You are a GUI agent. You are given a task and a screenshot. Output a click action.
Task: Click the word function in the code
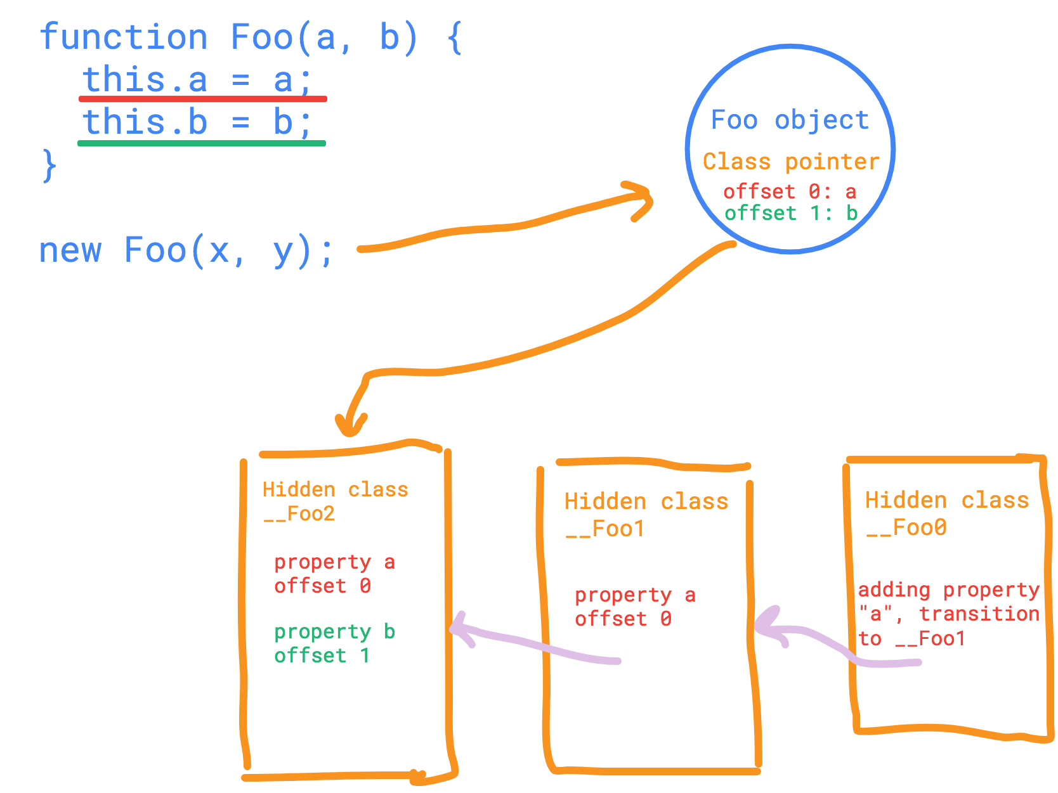pyautogui.click(x=124, y=37)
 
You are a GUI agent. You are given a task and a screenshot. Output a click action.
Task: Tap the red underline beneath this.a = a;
pyautogui.click(x=203, y=99)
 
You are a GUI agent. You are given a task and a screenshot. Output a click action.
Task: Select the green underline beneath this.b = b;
pyautogui.click(x=202, y=143)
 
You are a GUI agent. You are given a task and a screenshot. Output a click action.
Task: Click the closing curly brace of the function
pyautogui.click(x=49, y=166)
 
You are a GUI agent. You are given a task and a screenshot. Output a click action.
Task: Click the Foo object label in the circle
pyautogui.click(x=790, y=120)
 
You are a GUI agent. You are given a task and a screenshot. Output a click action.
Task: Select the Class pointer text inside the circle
pyautogui.click(x=791, y=162)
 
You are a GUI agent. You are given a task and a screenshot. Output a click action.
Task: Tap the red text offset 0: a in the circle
pyautogui.click(x=790, y=191)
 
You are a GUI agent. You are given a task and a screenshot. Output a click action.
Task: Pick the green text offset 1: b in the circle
pyautogui.click(x=791, y=213)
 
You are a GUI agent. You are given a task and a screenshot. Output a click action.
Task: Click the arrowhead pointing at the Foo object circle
pyautogui.click(x=642, y=199)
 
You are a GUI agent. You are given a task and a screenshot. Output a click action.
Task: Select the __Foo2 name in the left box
pyautogui.click(x=299, y=513)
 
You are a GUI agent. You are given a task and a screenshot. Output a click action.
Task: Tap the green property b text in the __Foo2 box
pyautogui.click(x=334, y=632)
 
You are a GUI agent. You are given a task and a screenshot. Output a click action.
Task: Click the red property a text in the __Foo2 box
pyautogui.click(x=334, y=562)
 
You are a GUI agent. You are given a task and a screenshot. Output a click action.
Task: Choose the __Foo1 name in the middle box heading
pyautogui.click(x=605, y=529)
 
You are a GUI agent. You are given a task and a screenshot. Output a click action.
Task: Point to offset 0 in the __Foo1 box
pyautogui.click(x=623, y=619)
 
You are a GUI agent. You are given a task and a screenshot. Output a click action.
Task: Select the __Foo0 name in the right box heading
pyautogui.click(x=906, y=527)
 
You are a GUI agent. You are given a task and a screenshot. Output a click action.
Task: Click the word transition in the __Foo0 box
pyautogui.click(x=979, y=614)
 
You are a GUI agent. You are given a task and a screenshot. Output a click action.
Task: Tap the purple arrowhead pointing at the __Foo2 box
pyautogui.click(x=460, y=628)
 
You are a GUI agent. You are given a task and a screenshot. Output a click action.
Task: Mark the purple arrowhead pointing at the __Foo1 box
pyautogui.click(x=767, y=628)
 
